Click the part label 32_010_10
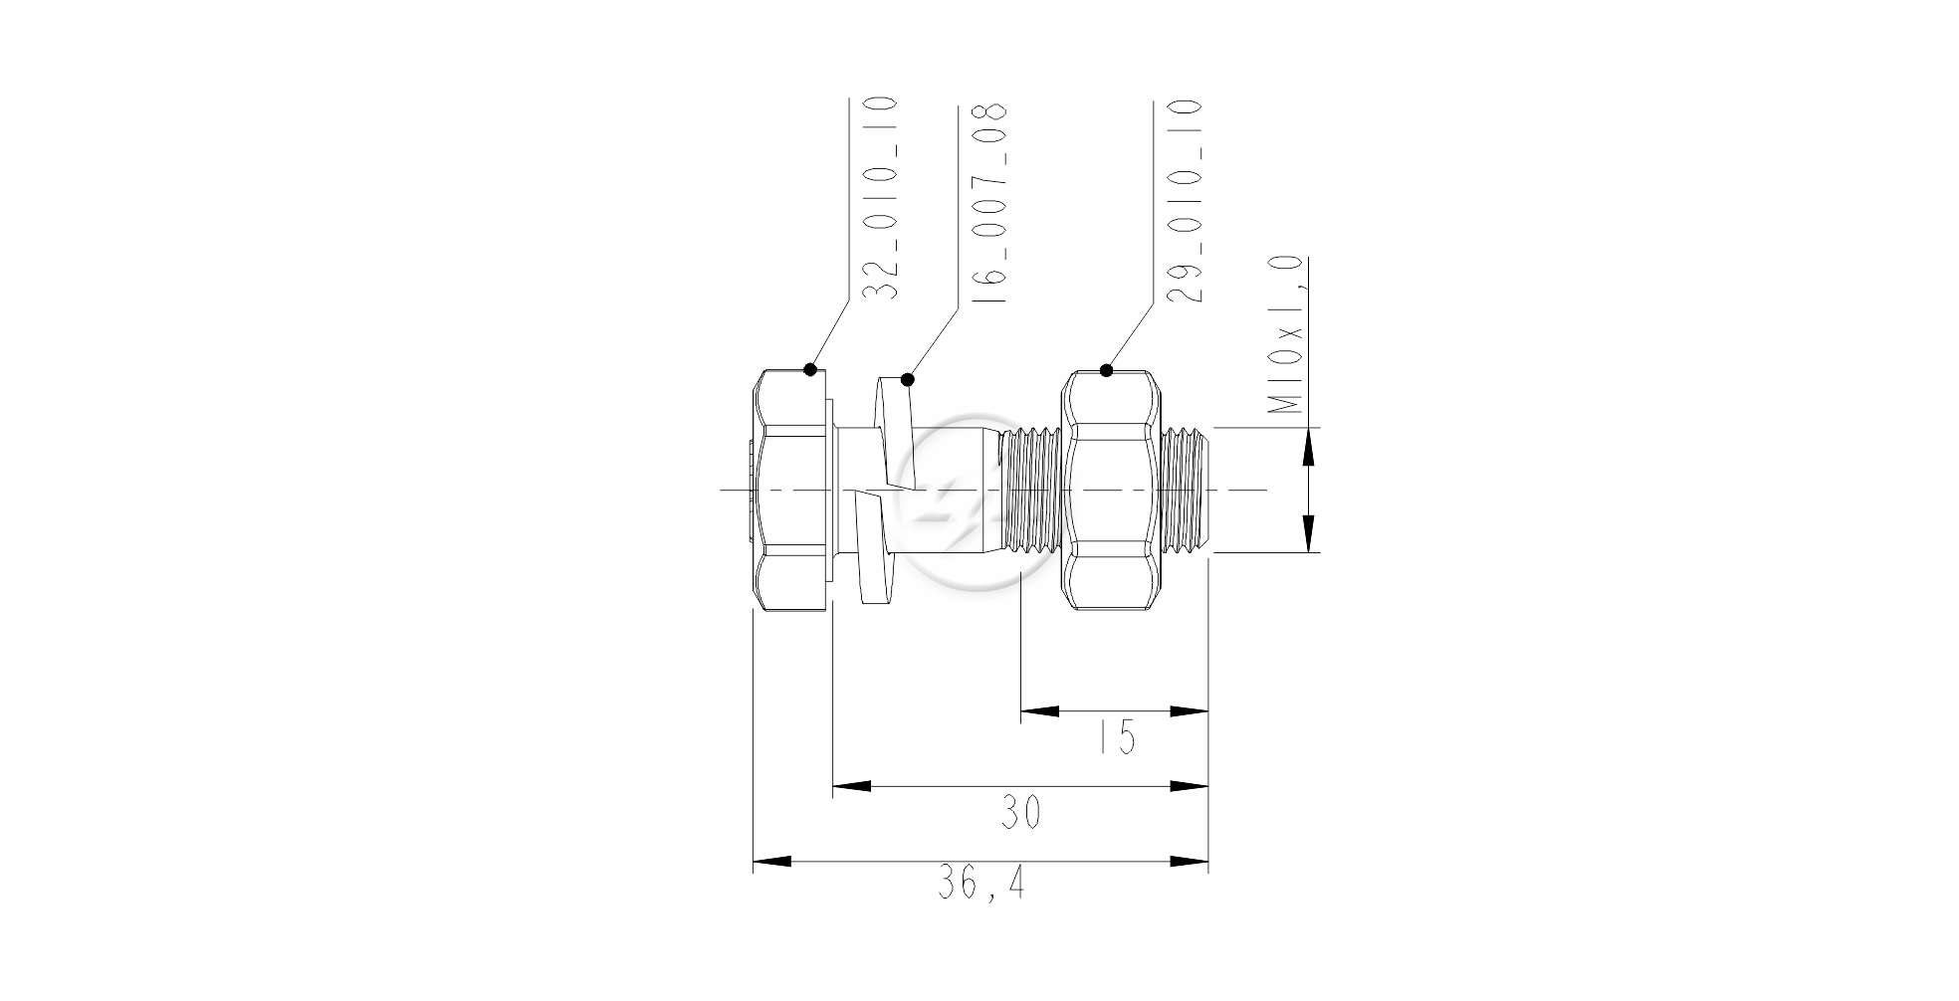pos(879,199)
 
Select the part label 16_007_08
pos(990,204)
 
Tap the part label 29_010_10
pos(1185,200)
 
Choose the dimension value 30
pos(1020,813)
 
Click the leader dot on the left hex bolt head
pos(810,369)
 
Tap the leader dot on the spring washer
pos(907,379)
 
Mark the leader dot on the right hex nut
pos(1106,370)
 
